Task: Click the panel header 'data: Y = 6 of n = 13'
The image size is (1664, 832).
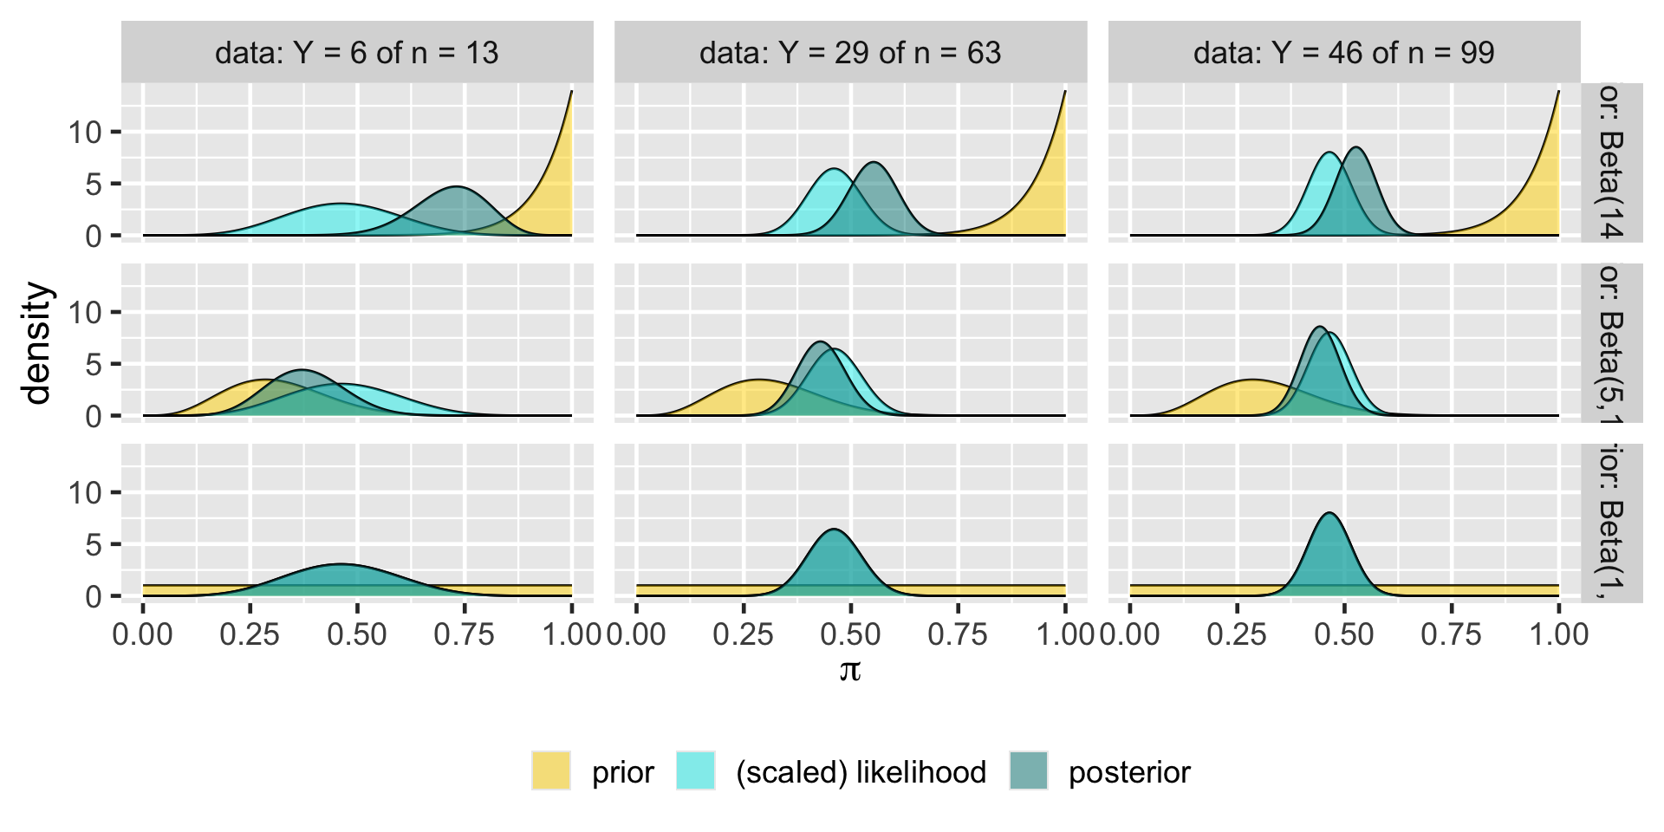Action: [356, 53]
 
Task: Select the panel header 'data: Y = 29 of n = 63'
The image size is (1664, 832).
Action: [850, 53]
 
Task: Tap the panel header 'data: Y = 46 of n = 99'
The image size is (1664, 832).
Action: [1343, 53]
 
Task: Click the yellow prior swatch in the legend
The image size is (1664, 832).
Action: [551, 770]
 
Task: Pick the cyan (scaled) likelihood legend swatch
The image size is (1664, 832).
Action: [696, 770]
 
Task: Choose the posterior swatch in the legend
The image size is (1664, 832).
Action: [1029, 770]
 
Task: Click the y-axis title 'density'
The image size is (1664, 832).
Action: [38, 343]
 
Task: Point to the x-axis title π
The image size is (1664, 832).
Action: [850, 669]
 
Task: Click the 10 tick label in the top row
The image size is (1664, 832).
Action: [85, 133]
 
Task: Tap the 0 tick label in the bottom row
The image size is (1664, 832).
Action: [94, 597]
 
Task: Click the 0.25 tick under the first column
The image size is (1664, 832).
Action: [250, 634]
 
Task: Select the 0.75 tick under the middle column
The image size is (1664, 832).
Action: [958, 634]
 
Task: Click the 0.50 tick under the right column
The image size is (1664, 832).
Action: [1343, 634]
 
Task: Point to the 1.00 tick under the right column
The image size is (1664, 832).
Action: [1558, 634]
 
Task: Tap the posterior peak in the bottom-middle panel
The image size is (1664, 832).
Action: [834, 530]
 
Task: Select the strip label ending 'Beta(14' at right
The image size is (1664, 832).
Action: [1611, 161]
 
